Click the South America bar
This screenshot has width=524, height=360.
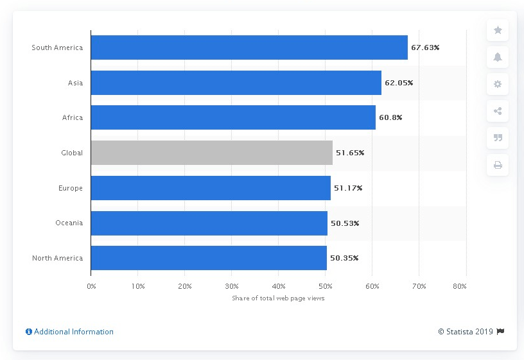tap(249, 47)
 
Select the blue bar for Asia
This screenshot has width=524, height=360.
tap(236, 83)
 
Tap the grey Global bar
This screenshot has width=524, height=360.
tap(211, 153)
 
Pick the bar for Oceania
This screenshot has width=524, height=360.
tap(209, 223)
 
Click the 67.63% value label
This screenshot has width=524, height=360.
tap(425, 47)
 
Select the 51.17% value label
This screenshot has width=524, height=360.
tap(348, 188)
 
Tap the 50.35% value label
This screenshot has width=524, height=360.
tap(344, 258)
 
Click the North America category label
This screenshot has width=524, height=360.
tap(57, 258)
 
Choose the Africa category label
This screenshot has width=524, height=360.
tap(73, 118)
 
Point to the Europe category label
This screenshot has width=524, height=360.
tap(71, 188)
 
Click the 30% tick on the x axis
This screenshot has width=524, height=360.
tap(232, 286)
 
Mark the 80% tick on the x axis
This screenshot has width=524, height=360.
tap(460, 286)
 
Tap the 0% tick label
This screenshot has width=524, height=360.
tap(91, 286)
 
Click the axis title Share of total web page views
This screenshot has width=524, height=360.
tap(278, 298)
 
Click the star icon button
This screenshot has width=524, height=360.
tap(498, 30)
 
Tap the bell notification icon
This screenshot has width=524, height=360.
tap(498, 57)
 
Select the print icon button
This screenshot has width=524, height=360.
tap(498, 165)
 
